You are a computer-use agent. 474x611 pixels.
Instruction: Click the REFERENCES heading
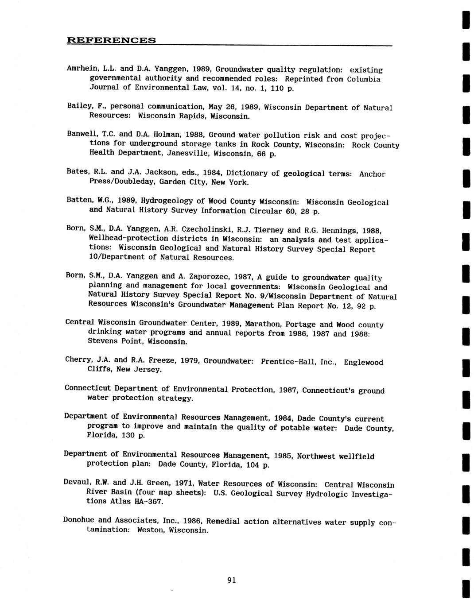pos(111,40)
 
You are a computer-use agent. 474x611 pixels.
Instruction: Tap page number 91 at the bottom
pos(231,580)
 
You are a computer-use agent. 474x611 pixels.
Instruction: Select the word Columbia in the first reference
pos(364,79)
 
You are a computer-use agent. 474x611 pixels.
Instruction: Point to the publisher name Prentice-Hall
pos(299,362)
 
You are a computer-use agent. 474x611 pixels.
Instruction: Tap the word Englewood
pos(363,362)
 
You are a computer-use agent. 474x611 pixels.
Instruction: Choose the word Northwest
pos(316,456)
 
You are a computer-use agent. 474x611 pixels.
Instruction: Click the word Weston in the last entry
pos(149,530)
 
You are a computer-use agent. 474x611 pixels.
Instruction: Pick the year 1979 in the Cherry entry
pos(190,361)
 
